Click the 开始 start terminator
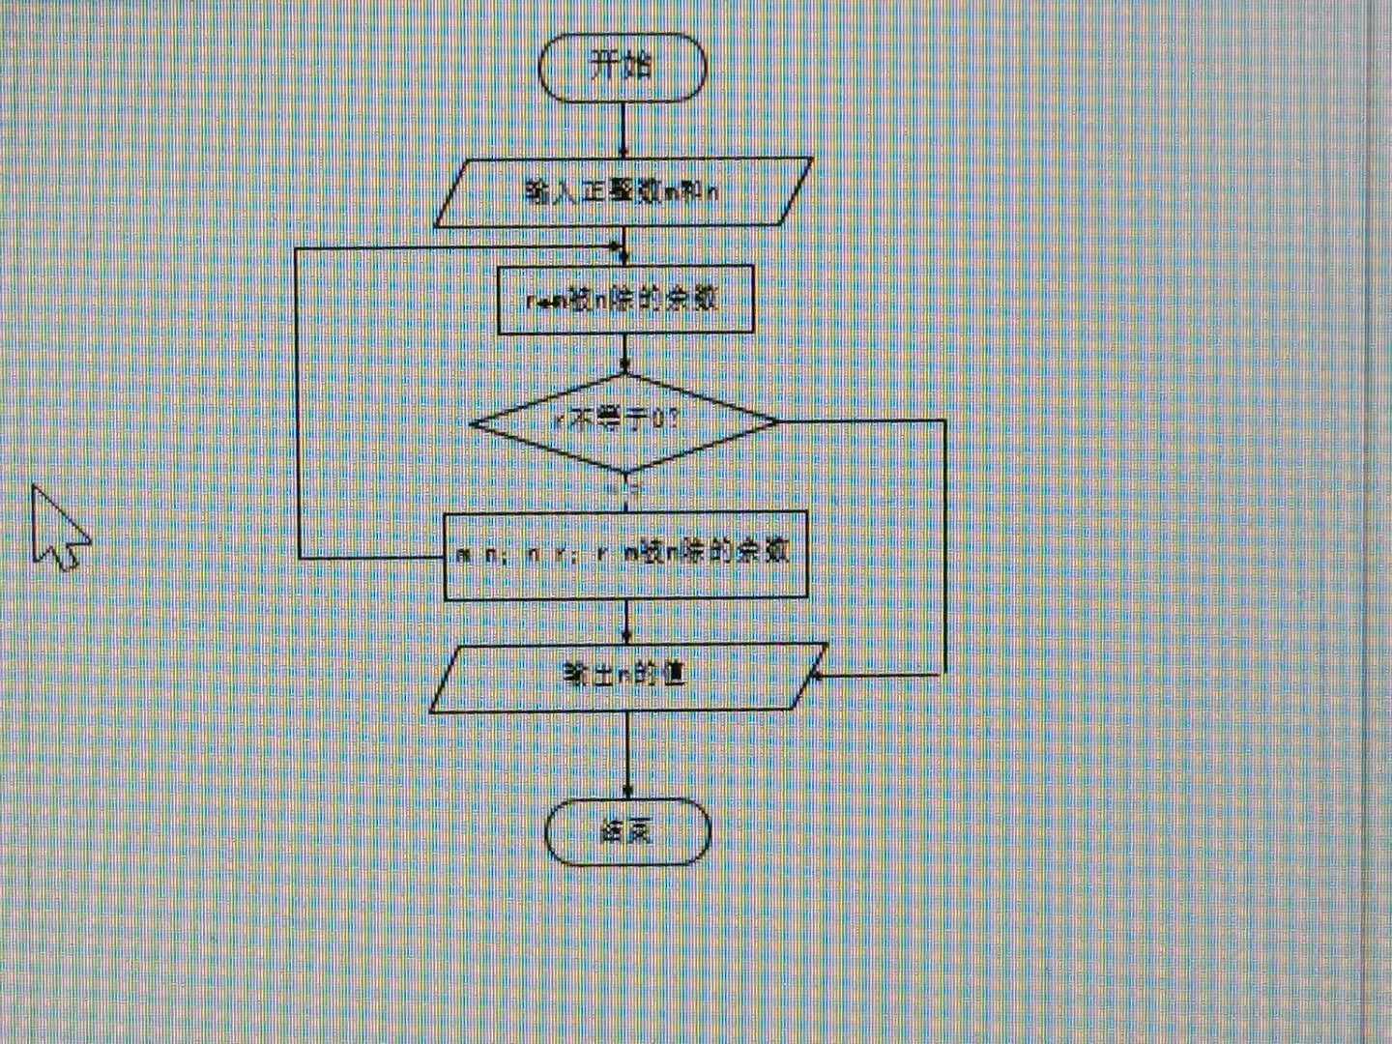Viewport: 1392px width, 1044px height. (623, 68)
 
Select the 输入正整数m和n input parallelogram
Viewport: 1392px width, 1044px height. (623, 191)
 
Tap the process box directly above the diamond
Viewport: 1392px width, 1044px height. (624, 300)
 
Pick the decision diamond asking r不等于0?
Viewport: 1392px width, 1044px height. (623, 421)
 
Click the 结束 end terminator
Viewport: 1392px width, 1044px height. (627, 831)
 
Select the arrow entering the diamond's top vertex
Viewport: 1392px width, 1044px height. (624, 354)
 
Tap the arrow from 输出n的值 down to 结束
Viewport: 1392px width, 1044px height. (628, 754)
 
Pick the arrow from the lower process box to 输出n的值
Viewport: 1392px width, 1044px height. (627, 621)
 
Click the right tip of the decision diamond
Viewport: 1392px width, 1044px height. (777, 421)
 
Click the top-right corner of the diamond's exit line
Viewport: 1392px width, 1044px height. (943, 421)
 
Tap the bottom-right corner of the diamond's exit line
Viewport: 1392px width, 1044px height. (943, 674)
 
